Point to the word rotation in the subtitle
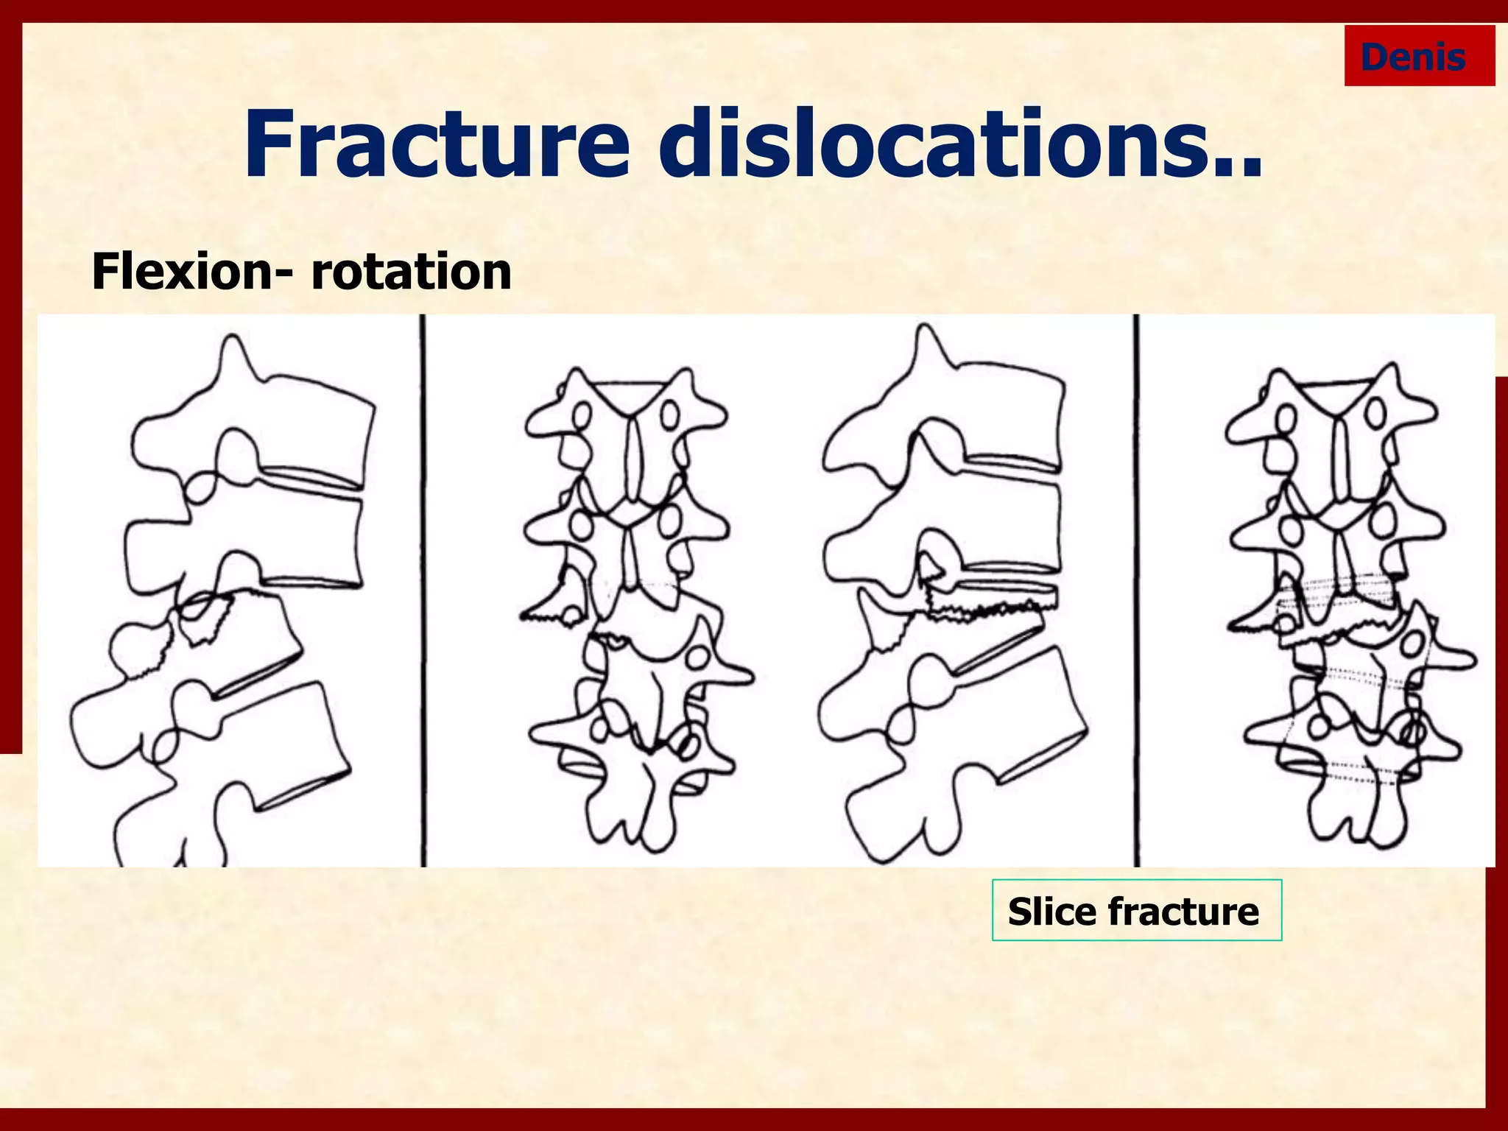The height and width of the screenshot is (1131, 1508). (x=411, y=272)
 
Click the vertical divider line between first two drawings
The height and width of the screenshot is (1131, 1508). (x=423, y=589)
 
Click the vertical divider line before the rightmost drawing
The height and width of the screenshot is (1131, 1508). (x=1136, y=589)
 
